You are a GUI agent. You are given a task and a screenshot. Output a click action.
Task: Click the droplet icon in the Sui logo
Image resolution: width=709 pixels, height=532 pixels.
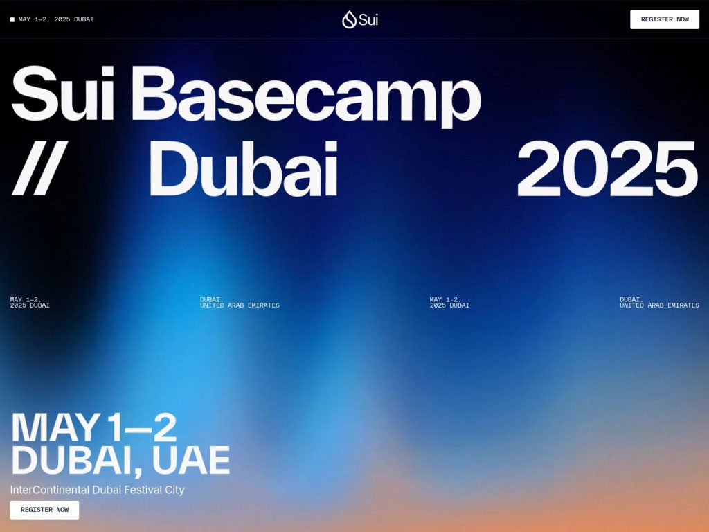(x=349, y=19)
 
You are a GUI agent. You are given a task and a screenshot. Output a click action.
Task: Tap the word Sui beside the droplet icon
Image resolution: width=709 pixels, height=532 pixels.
(x=368, y=19)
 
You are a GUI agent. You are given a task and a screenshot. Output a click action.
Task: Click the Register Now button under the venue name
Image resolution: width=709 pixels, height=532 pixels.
(x=44, y=510)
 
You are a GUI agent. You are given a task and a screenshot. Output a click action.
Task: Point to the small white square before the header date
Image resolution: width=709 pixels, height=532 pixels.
(x=12, y=19)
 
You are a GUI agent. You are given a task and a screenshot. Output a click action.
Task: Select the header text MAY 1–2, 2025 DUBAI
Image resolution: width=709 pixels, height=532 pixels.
(x=56, y=19)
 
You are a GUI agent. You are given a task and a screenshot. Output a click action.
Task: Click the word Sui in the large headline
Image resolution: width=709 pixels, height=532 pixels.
(x=62, y=94)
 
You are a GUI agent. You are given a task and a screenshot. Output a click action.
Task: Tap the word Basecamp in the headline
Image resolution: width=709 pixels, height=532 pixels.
(x=305, y=94)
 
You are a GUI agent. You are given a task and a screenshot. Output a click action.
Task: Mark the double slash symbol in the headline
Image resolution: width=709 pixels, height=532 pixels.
(x=39, y=168)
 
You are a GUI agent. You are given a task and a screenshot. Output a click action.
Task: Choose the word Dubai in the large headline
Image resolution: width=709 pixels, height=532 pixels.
(x=243, y=168)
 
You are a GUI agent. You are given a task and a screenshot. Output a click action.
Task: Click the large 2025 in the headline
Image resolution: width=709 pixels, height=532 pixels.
(x=607, y=168)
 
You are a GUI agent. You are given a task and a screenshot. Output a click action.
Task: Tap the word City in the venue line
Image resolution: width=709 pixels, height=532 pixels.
(x=174, y=490)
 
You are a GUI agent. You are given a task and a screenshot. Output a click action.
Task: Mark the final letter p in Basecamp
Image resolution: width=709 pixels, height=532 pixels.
(x=460, y=100)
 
